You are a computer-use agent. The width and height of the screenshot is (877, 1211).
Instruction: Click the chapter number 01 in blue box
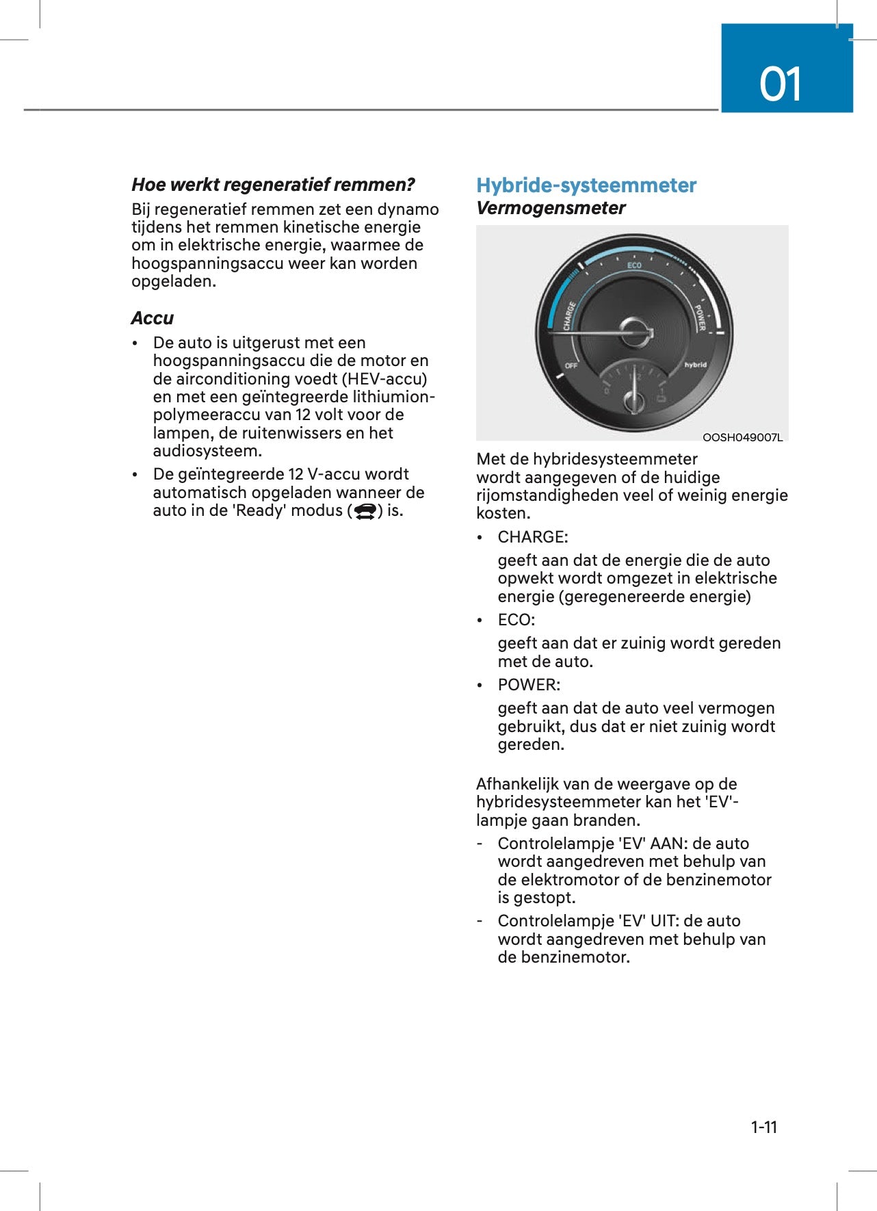[780, 84]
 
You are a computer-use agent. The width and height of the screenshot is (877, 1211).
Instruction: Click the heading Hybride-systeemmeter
[586, 185]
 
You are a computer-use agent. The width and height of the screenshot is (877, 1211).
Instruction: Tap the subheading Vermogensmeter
[550, 208]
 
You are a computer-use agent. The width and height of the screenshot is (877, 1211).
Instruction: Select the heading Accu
[153, 318]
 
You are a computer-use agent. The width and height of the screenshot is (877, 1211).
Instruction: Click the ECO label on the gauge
[634, 265]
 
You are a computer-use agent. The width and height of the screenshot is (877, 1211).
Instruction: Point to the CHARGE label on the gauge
[569, 316]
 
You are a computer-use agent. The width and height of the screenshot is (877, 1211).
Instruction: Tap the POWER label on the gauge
[701, 317]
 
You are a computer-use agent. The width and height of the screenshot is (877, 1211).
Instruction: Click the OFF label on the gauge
[571, 366]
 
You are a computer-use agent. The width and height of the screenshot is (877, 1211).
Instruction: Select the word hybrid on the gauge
[695, 365]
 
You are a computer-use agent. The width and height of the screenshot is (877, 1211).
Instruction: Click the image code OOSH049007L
[742, 438]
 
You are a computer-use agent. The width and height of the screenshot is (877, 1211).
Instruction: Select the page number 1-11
[763, 1127]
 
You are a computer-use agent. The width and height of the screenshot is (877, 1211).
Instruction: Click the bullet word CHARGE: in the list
[532, 537]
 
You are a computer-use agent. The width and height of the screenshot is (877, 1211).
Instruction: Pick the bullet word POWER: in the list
[528, 685]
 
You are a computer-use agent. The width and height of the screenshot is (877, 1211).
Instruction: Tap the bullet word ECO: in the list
[516, 620]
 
